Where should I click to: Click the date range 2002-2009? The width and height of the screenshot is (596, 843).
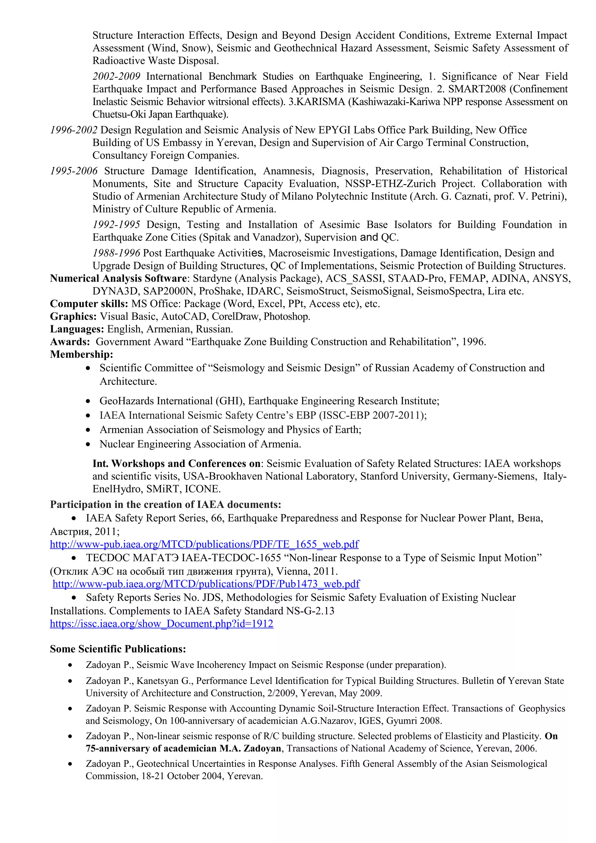116,77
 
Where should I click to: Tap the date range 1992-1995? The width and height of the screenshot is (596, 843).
116,225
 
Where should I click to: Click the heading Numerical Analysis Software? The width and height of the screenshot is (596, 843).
118,278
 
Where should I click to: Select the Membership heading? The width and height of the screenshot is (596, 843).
81,354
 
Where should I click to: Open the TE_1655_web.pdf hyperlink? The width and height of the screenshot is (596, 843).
204,544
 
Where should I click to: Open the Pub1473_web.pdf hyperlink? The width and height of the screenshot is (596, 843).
206,584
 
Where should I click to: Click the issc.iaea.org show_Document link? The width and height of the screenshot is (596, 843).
162,623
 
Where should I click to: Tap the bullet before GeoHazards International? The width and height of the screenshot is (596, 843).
88,401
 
